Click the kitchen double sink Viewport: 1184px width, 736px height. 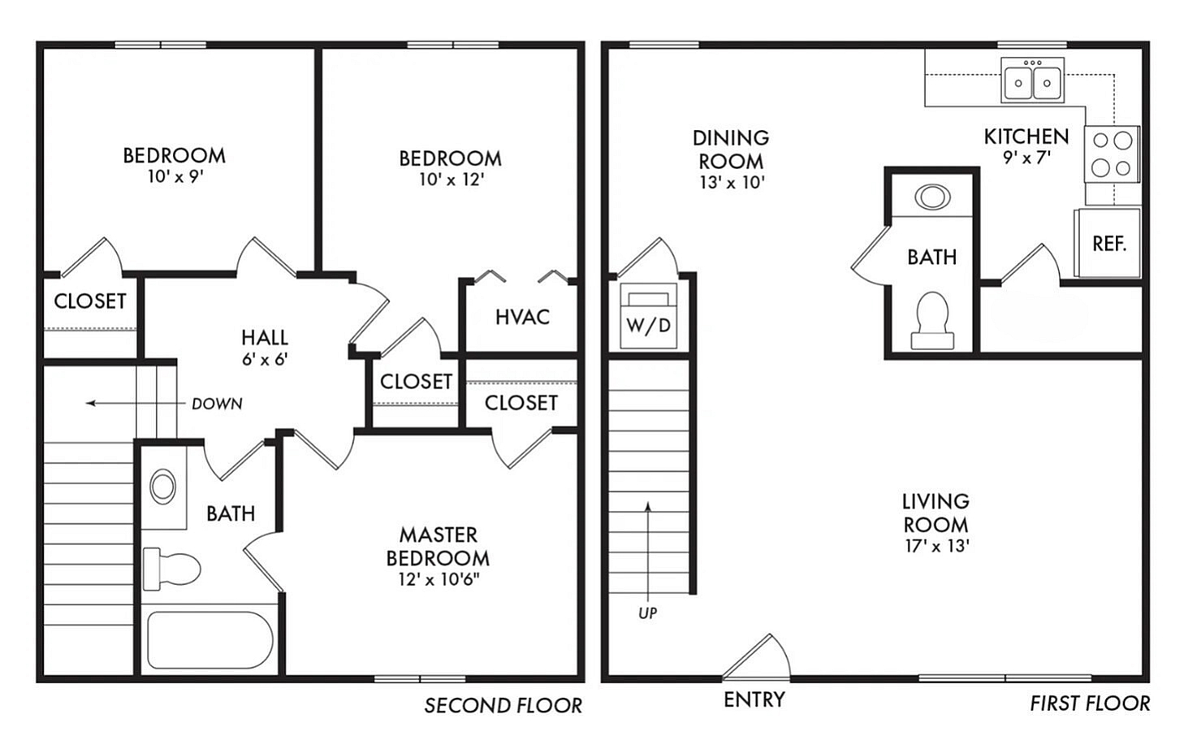[1032, 80]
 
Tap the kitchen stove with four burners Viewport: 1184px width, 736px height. [1112, 154]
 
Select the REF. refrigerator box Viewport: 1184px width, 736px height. [1108, 243]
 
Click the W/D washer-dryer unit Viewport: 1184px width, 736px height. [649, 316]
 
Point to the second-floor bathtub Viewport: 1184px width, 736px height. [210, 640]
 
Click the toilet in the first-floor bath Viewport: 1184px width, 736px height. [932, 320]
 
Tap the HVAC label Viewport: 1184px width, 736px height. [522, 317]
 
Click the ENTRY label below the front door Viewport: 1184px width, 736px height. [754, 699]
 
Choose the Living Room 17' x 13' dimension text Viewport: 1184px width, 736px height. [936, 546]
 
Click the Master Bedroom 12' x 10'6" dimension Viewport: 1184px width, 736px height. [439, 579]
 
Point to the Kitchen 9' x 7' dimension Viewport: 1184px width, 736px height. [1026, 157]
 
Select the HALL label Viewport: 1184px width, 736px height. [264, 337]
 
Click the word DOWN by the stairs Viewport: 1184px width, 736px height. [217, 404]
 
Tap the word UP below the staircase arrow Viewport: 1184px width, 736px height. [647, 613]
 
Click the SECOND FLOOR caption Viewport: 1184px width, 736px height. [503, 705]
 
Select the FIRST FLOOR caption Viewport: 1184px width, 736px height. [1090, 704]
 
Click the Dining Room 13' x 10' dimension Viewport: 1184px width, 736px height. [732, 183]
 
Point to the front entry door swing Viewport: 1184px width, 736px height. [756, 656]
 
